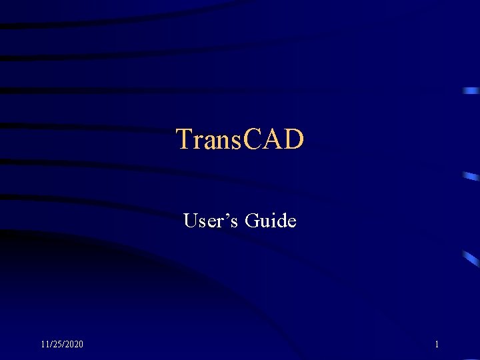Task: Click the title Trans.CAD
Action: click(x=240, y=139)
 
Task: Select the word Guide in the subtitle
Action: click(x=271, y=220)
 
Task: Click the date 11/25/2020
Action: click(x=62, y=344)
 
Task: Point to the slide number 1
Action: click(x=437, y=344)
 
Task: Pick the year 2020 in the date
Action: click(x=74, y=344)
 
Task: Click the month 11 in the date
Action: click(x=44, y=344)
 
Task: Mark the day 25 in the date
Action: click(x=57, y=344)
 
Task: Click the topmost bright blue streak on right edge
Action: click(x=471, y=90)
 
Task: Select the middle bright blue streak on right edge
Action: click(x=471, y=177)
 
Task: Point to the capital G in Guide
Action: click(x=253, y=220)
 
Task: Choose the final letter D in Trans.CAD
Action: click(x=293, y=139)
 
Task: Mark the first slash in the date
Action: click(x=49, y=344)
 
